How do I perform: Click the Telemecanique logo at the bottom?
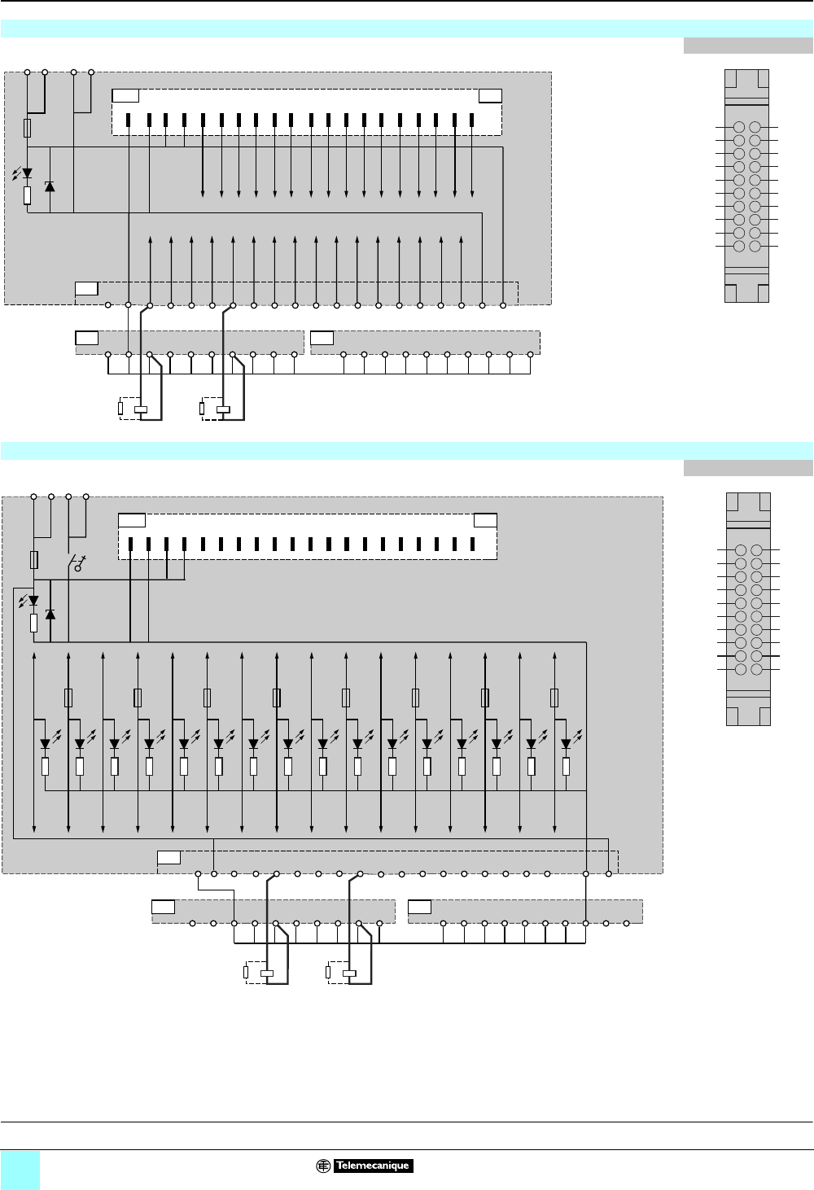(x=365, y=1166)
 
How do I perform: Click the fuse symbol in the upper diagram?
(x=28, y=128)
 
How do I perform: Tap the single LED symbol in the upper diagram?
(x=27, y=173)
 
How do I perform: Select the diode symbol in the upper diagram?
(x=50, y=186)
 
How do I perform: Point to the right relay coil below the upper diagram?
(x=224, y=409)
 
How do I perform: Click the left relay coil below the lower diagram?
(x=267, y=973)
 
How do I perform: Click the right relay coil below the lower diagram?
(x=350, y=973)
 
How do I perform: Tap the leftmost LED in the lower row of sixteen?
(x=45, y=743)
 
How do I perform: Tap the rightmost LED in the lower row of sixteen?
(x=566, y=743)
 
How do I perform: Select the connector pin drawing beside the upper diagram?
(x=746, y=186)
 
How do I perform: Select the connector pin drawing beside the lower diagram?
(x=748, y=609)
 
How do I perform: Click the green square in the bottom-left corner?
(x=20, y=1170)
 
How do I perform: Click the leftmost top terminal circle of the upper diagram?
(x=27, y=72)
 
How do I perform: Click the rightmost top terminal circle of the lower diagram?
(x=86, y=496)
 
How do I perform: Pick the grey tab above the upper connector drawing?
(x=748, y=46)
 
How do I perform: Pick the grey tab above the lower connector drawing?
(x=748, y=468)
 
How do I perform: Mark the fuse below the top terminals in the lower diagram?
(x=33, y=559)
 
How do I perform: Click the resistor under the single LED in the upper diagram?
(x=27, y=195)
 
